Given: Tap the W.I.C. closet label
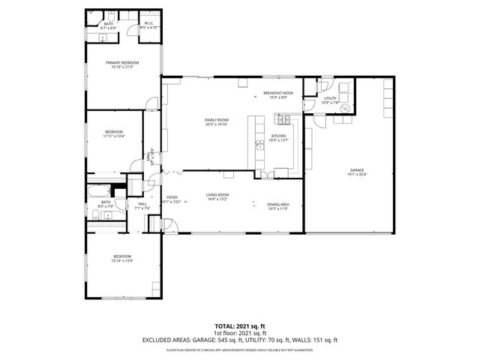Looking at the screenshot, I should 149,25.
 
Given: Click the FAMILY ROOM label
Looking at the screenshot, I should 217,120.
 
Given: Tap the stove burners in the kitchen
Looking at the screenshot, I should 284,118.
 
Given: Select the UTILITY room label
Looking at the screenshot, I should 331,97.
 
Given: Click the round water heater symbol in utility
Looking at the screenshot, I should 345,108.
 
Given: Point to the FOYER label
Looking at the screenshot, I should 172,198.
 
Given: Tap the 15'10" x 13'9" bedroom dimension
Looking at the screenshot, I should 122,260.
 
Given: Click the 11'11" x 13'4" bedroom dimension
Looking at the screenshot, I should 114,136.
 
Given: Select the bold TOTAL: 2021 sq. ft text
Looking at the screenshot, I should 239,326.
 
